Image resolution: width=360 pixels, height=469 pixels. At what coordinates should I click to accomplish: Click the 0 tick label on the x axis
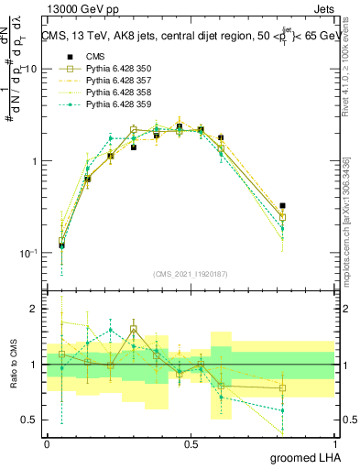pyautogui.click(x=47, y=442)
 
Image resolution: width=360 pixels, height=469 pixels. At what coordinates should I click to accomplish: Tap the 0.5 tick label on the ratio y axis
pyautogui.click(x=30, y=420)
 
